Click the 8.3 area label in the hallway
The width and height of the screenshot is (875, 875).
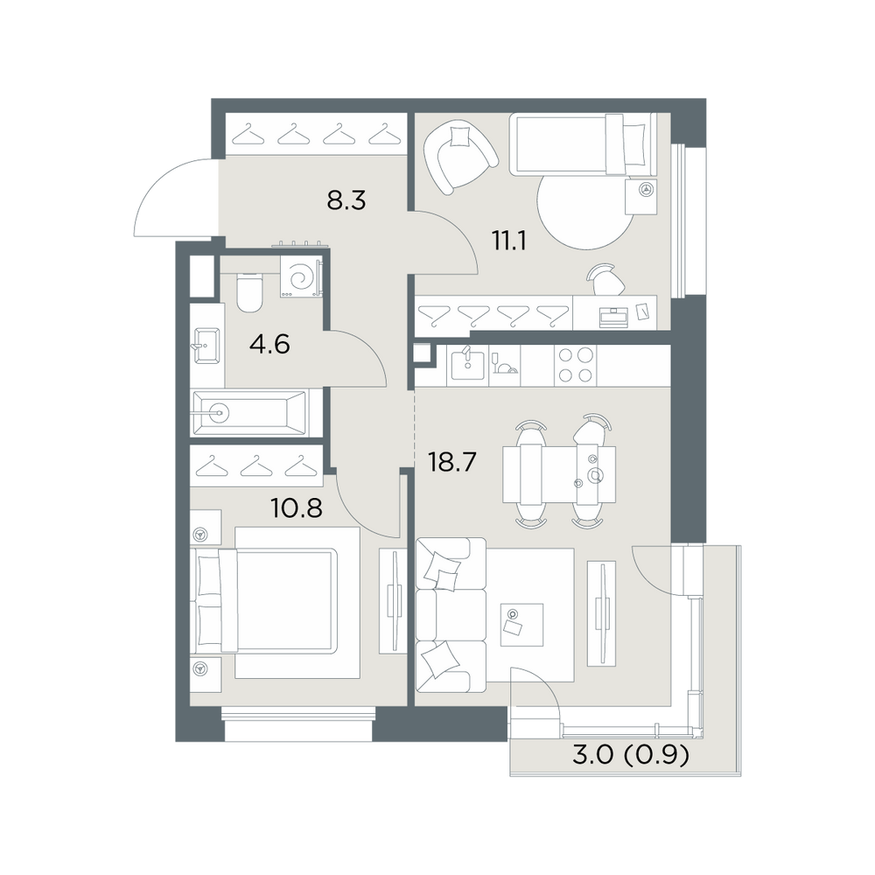(346, 199)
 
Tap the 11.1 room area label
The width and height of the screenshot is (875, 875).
(509, 241)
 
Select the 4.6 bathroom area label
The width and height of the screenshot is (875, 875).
(269, 344)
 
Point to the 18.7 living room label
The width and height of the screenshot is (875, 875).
(451, 462)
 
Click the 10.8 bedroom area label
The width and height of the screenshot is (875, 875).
(296, 507)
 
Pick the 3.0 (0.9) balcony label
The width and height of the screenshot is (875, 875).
(631, 756)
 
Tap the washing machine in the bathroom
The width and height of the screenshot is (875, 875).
(301, 276)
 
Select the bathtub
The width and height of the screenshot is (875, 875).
(248, 414)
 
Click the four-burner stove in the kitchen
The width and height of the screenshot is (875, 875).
(576, 365)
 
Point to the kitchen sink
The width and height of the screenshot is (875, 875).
(467, 365)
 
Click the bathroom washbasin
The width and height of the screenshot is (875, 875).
(206, 346)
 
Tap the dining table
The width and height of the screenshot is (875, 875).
(559, 474)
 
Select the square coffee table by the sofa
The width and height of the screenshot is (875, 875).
(521, 625)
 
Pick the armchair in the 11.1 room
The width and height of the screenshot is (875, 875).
(460, 157)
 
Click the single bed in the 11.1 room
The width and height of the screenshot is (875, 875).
(582, 144)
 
